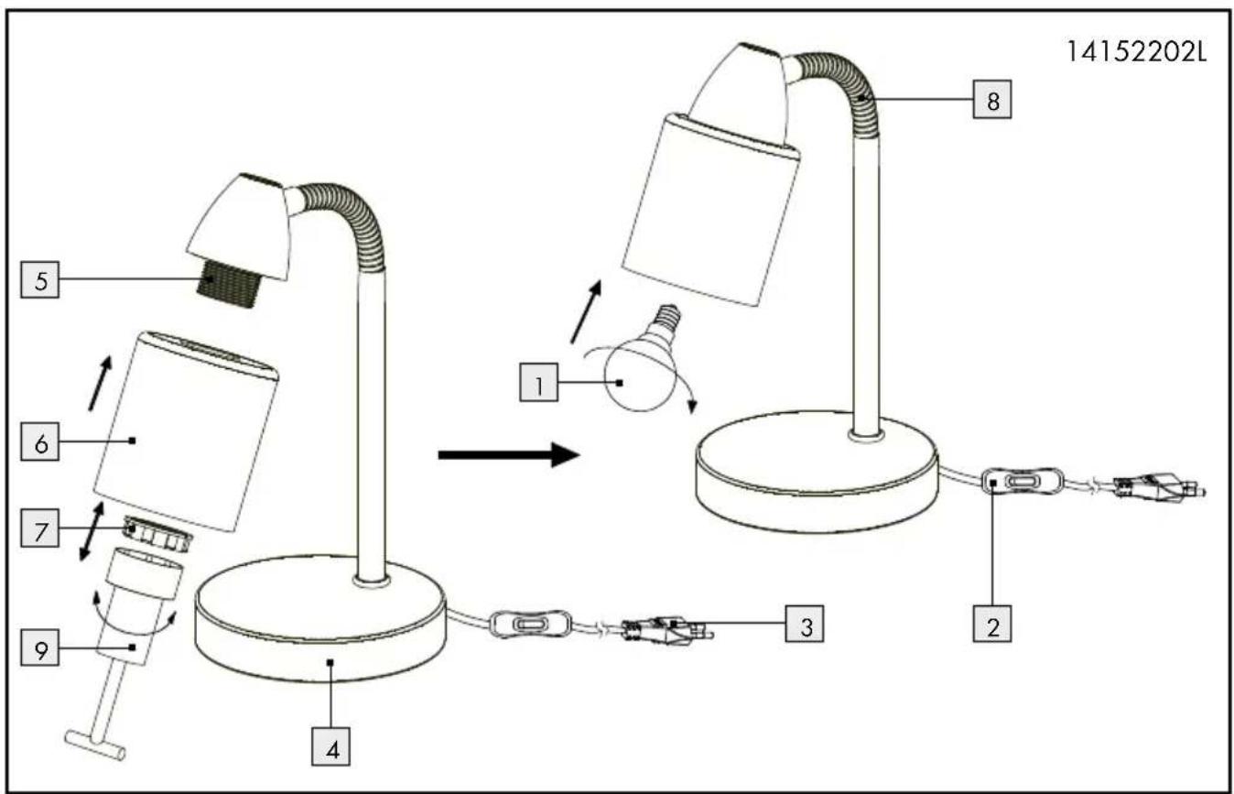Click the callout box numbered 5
[39, 280]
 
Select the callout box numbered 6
[39, 441]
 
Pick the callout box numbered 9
[39, 648]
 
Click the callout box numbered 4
[330, 746]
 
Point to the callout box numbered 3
[805, 624]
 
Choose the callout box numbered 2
[992, 624]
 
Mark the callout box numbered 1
[539, 382]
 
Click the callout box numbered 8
[992, 99]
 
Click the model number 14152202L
[1136, 53]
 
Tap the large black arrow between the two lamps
[509, 454]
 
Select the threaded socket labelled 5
[230, 284]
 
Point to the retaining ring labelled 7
[158, 533]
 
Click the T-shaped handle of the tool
[95, 745]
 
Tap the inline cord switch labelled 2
[1023, 482]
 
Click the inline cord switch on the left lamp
[530, 625]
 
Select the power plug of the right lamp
[1160, 487]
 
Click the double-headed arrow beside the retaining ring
[92, 532]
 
